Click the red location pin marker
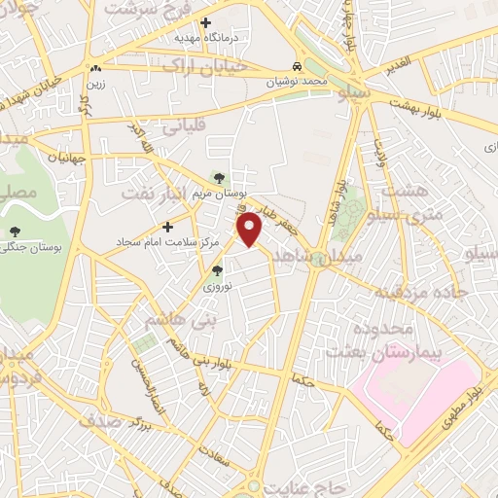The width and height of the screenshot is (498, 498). coord(252,228)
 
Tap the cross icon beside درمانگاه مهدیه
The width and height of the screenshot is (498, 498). coord(205,22)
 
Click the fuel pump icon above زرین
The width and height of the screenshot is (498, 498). coord(95,69)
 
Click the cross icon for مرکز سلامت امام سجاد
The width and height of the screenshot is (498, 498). coord(169,226)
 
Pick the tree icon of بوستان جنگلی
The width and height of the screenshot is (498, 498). coord(15,231)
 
